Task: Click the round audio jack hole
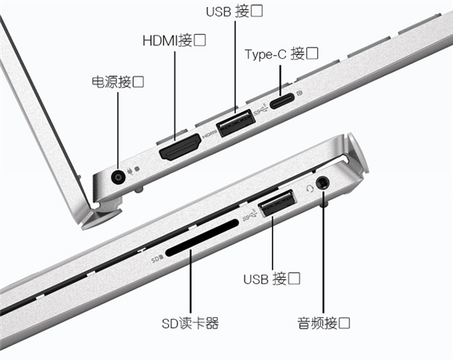pos(324,183)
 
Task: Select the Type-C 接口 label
pos(281,54)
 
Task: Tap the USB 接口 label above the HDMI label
pos(235,13)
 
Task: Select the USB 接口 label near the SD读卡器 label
pos(273,278)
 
